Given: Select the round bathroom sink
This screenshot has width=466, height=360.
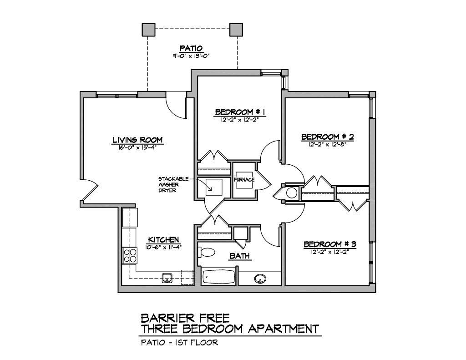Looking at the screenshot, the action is (x=260, y=279).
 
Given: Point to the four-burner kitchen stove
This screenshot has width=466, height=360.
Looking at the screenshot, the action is (x=130, y=255).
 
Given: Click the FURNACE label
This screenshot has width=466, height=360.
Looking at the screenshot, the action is (x=244, y=180).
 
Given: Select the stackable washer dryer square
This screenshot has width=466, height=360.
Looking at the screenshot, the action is (x=214, y=187).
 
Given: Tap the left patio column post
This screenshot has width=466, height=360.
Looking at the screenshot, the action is (x=148, y=30).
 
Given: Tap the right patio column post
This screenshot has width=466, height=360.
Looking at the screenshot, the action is (x=236, y=30).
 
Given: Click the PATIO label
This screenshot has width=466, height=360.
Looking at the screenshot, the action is (x=191, y=48).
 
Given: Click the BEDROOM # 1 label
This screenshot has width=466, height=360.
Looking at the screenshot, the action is (x=240, y=112).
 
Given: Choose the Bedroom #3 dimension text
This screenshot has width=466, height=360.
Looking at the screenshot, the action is (x=330, y=252).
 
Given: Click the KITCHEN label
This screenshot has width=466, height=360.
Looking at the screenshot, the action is (x=163, y=239).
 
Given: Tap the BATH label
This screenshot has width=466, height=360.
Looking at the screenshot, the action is (x=240, y=256).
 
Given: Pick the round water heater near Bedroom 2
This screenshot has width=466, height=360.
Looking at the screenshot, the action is (x=292, y=193).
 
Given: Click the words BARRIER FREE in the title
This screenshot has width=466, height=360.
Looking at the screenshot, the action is (x=185, y=318).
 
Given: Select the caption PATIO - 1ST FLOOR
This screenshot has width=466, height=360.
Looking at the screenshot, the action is (x=179, y=342).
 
